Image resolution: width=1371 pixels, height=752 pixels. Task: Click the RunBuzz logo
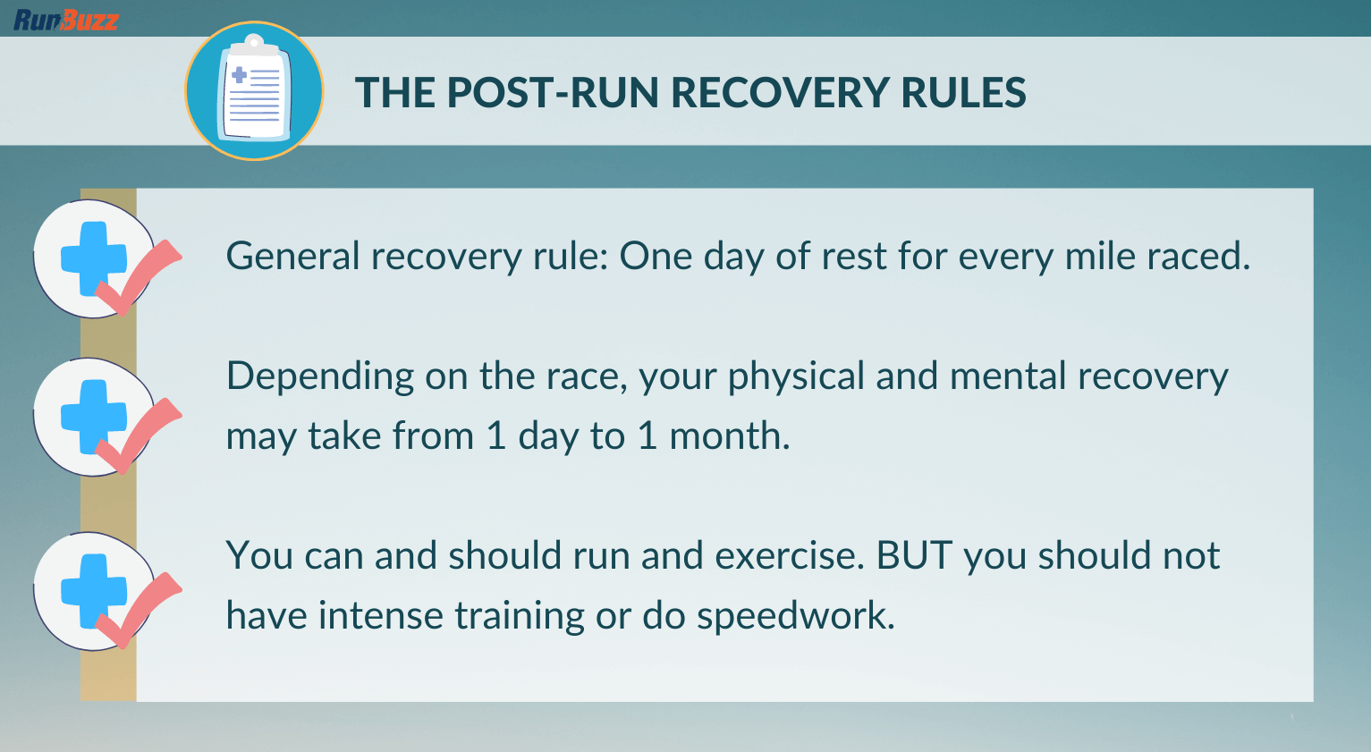pyautogui.click(x=66, y=21)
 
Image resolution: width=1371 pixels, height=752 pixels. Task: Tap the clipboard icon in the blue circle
pyautogui.click(x=254, y=89)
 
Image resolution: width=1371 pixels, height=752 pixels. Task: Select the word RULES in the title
pyautogui.click(x=963, y=93)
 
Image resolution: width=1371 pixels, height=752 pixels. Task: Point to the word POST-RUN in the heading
pyautogui.click(x=552, y=93)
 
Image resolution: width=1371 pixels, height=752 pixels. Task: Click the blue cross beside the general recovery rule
pyautogui.click(x=94, y=258)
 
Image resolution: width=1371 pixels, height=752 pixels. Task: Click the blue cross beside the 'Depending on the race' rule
pyautogui.click(x=94, y=417)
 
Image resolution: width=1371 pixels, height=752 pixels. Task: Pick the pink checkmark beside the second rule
pyautogui.click(x=139, y=435)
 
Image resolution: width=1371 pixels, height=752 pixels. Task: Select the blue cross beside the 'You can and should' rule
pyautogui.click(x=94, y=591)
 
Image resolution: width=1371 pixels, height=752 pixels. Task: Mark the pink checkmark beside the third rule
pyautogui.click(x=139, y=610)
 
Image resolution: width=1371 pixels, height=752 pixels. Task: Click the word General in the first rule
pyautogui.click(x=292, y=256)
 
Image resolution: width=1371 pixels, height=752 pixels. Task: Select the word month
pyautogui.click(x=729, y=435)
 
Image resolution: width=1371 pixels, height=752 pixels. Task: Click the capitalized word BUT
pyautogui.click(x=914, y=555)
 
